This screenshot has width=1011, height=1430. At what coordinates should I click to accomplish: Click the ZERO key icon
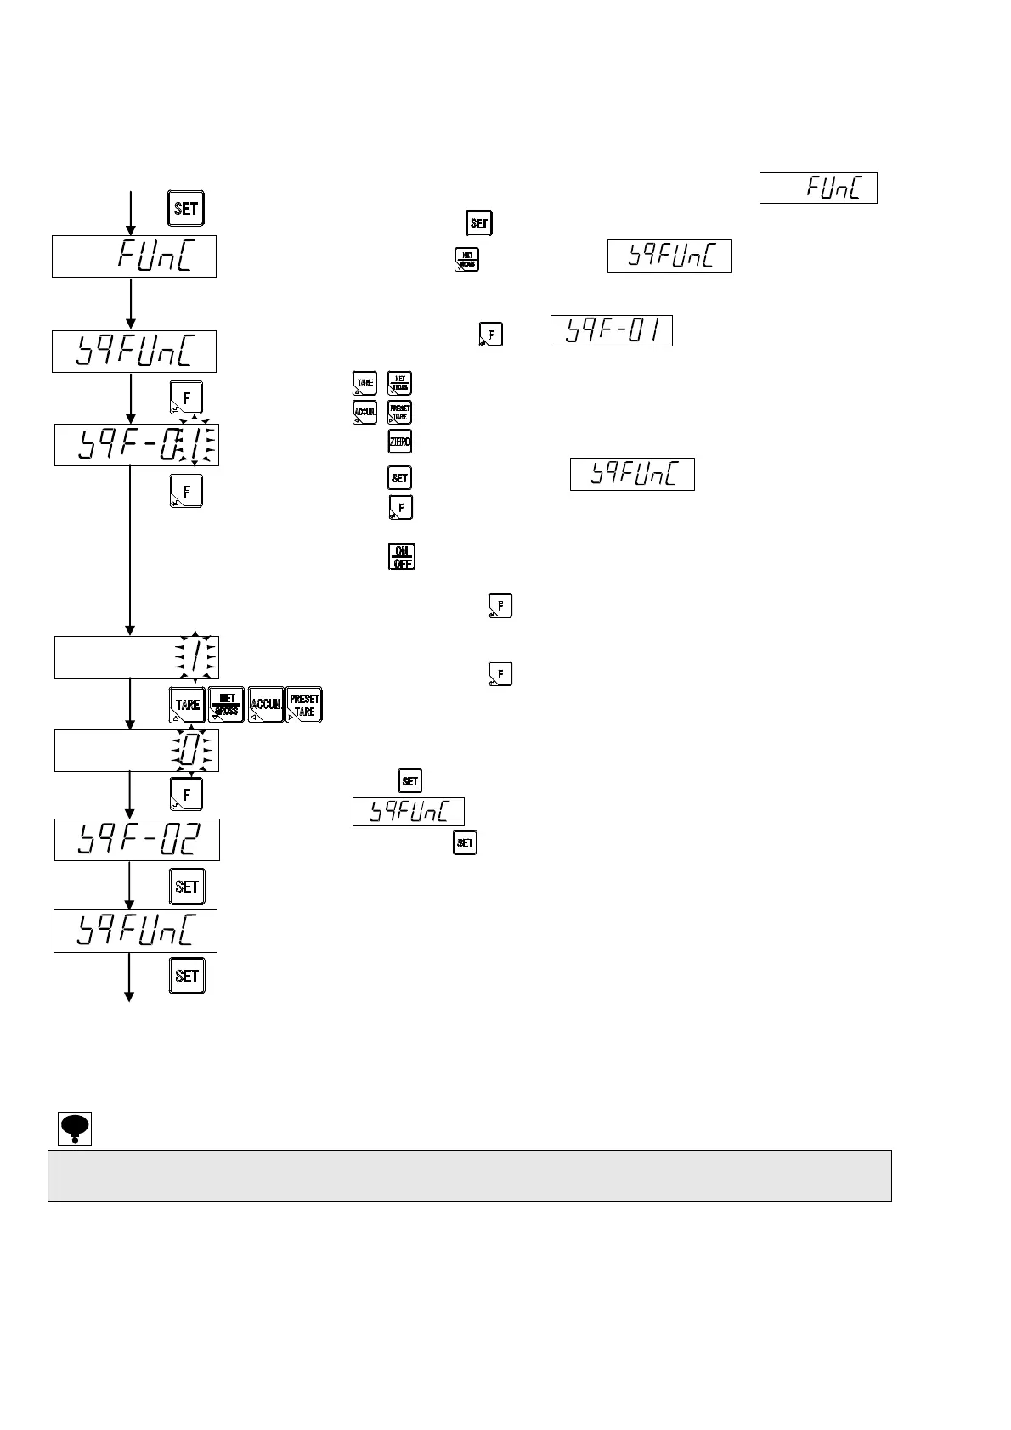pyautogui.click(x=399, y=442)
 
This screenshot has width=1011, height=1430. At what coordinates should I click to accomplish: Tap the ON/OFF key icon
pyautogui.click(x=401, y=557)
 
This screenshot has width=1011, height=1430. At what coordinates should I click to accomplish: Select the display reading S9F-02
pyautogui.click(x=137, y=840)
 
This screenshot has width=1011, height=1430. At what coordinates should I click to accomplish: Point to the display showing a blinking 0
pyautogui.click(x=137, y=751)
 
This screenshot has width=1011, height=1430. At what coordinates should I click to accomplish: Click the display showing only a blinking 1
pyautogui.click(x=137, y=657)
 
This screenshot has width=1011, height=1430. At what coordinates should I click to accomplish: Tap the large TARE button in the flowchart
pyautogui.click(x=187, y=705)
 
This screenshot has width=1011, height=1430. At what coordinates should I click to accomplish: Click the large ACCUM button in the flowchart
pyautogui.click(x=265, y=705)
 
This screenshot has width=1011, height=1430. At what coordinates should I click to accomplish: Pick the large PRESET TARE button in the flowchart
pyautogui.click(x=304, y=705)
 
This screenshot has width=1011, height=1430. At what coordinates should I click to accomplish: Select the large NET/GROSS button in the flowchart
pyautogui.click(x=226, y=705)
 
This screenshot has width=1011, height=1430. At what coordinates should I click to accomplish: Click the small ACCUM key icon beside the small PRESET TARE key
pyautogui.click(x=364, y=413)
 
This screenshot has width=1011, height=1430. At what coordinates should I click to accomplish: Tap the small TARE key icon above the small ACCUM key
pyautogui.click(x=364, y=383)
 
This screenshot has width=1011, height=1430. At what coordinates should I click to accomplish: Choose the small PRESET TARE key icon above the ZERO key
pyautogui.click(x=399, y=413)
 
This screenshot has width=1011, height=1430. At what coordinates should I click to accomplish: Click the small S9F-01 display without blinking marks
pyautogui.click(x=612, y=330)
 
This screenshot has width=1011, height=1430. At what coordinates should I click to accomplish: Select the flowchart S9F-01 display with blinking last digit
pyautogui.click(x=137, y=444)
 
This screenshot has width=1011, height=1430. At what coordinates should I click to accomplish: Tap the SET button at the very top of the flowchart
pyautogui.click(x=186, y=209)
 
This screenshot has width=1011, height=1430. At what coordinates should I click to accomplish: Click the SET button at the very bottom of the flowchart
pyautogui.click(x=187, y=976)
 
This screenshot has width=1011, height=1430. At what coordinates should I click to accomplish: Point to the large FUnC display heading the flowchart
pyautogui.click(x=134, y=256)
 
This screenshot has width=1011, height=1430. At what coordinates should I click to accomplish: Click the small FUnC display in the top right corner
pyautogui.click(x=818, y=188)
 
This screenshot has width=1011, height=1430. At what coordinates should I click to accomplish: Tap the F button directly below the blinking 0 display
pyautogui.click(x=187, y=794)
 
